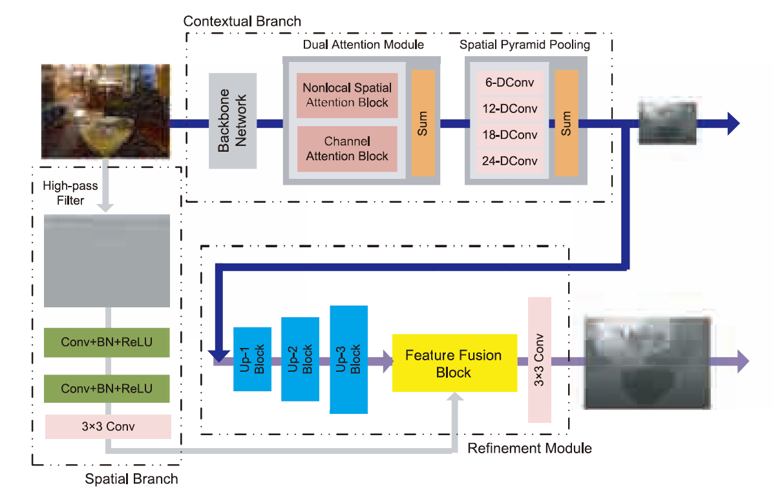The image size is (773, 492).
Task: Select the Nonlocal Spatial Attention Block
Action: coord(347,95)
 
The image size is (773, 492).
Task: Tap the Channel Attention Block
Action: coord(347,149)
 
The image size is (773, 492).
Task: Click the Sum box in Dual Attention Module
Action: coord(423,123)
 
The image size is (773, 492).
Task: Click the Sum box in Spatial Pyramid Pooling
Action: coord(567,123)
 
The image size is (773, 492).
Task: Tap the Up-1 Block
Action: coord(252,360)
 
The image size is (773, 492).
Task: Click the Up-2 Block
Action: coord(300,360)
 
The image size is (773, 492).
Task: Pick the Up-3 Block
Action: coord(348,360)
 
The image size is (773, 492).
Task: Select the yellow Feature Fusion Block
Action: coord(454,363)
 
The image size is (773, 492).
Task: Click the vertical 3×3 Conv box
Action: coord(540,360)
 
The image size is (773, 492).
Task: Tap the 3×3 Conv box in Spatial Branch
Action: coord(107,427)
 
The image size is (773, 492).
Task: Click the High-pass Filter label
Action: coord(70,193)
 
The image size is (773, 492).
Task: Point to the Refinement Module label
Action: coord(529,448)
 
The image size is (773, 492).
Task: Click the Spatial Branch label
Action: coord(131,479)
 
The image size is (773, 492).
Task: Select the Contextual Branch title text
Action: coord(242,21)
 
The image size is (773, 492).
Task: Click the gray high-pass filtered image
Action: coord(107,261)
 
